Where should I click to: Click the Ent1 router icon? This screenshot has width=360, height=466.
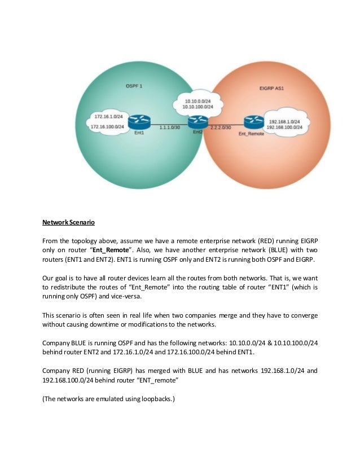pyautogui.click(x=137, y=122)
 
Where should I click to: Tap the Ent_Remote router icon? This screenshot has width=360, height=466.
pyautogui.click(x=252, y=122)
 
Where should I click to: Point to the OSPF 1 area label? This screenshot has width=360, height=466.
pyautogui.click(x=133, y=85)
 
